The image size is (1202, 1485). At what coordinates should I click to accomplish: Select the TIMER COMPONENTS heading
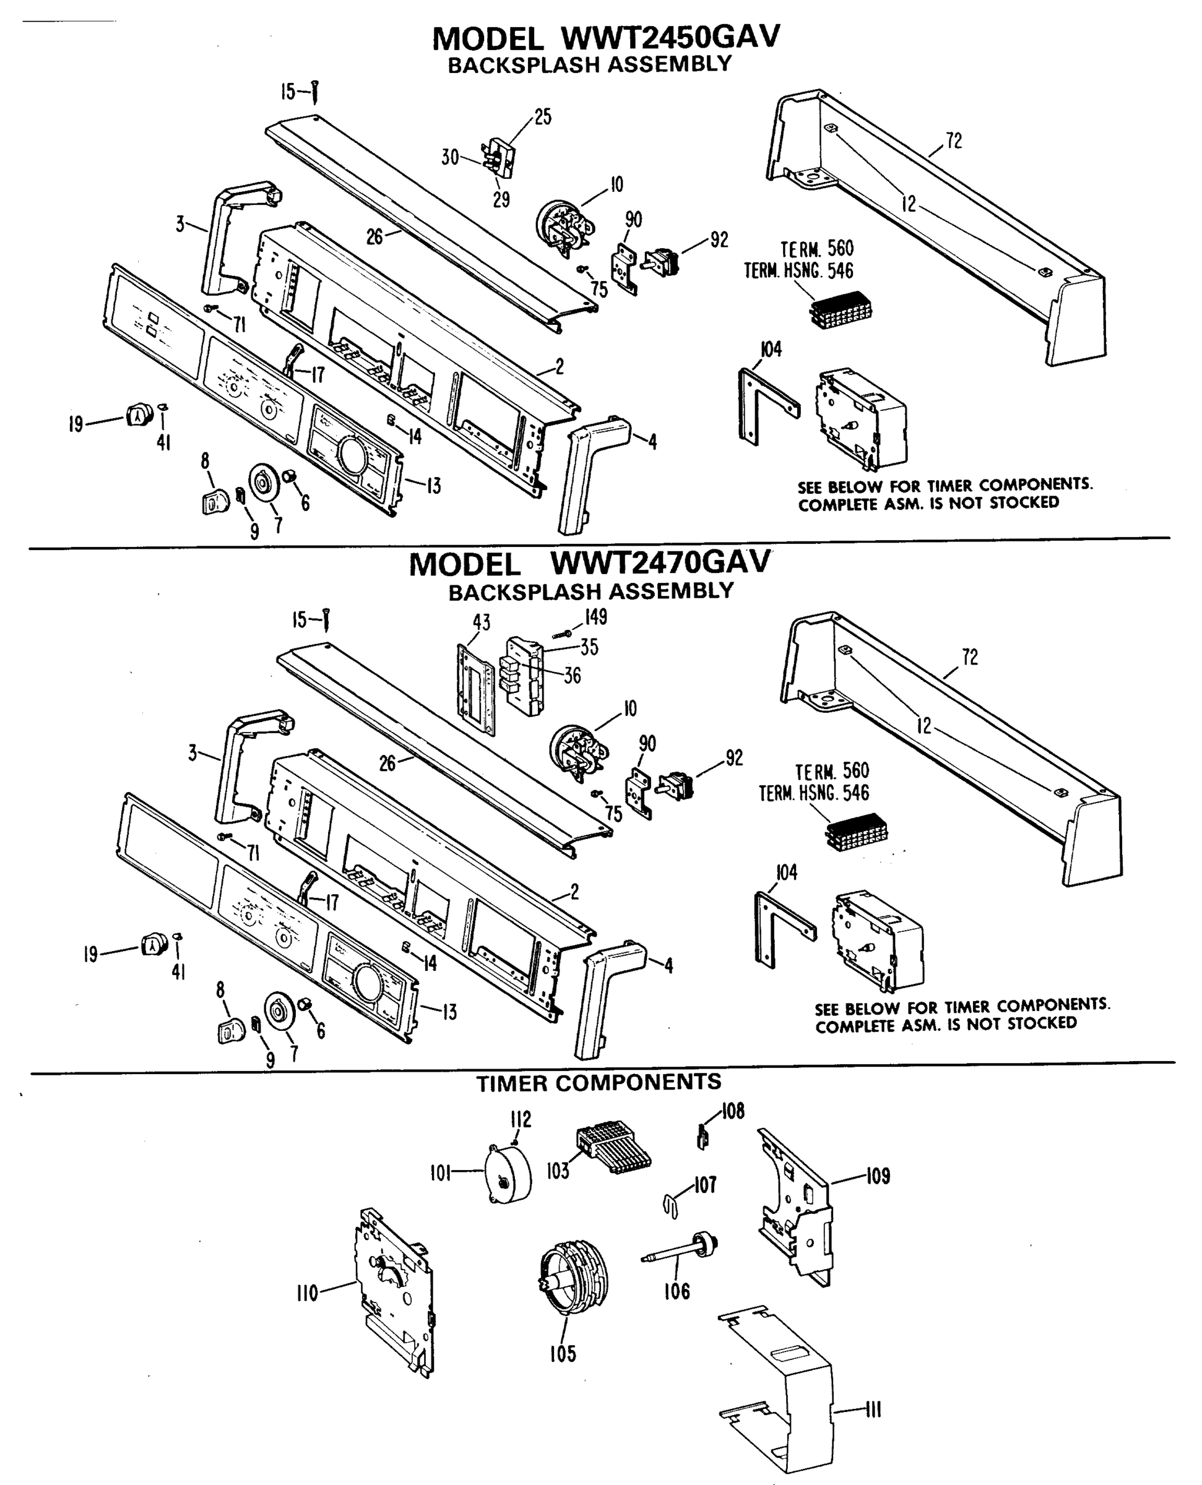point(599,1082)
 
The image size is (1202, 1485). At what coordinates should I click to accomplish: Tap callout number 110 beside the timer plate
point(307,1293)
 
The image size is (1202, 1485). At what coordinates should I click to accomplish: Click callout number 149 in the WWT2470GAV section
point(595,616)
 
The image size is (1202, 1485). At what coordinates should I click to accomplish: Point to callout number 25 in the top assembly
point(543,117)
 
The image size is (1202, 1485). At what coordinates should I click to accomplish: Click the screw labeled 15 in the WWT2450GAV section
point(315,92)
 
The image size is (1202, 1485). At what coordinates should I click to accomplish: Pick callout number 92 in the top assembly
point(719,239)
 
